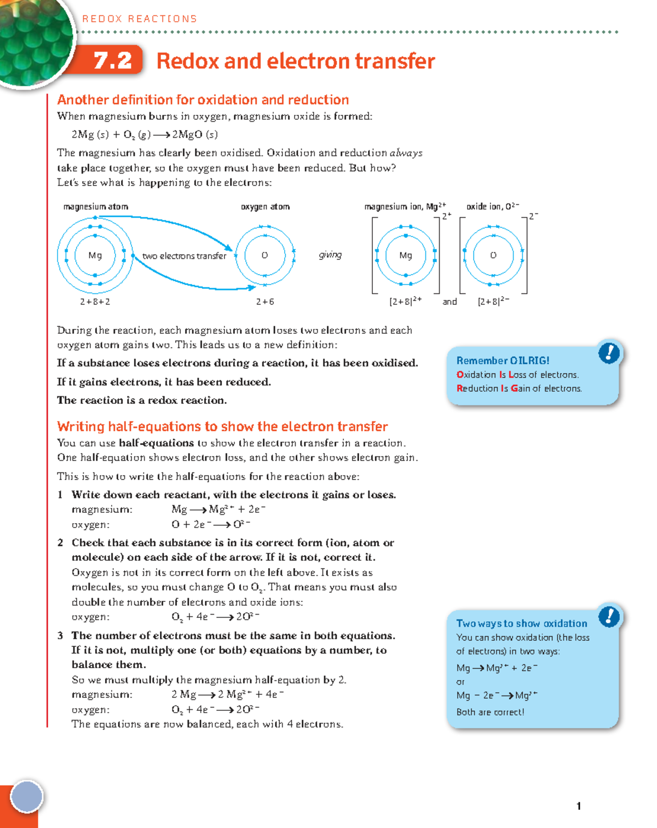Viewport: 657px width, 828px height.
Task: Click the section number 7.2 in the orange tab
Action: [112, 61]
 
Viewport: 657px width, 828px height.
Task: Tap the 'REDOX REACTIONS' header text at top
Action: [140, 19]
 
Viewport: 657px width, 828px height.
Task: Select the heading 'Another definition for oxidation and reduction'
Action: [203, 100]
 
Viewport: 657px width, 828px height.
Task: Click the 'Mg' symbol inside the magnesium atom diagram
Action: [95, 255]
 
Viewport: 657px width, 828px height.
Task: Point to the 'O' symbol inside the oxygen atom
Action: [264, 255]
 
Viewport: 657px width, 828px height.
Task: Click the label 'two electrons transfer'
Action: [184, 256]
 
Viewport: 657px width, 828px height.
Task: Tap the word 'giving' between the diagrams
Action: [330, 254]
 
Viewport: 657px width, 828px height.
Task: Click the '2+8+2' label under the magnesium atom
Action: [95, 302]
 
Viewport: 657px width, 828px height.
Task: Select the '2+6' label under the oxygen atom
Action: [265, 302]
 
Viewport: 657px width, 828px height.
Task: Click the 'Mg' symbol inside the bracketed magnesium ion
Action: [406, 255]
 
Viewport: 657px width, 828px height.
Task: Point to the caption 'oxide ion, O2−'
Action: [492, 206]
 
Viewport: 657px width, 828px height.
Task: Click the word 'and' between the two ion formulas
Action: [449, 302]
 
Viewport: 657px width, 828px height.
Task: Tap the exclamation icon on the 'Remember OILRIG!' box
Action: [609, 353]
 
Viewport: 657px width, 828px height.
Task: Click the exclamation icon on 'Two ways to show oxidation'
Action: [609, 617]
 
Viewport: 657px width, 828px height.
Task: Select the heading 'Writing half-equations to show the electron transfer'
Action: [222, 426]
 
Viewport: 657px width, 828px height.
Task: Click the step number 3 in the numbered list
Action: [60, 635]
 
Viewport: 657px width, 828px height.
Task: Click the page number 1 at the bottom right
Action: [579, 806]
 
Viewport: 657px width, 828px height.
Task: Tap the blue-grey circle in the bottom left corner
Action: [26, 796]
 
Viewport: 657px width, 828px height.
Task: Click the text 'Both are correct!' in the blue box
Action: [490, 712]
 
